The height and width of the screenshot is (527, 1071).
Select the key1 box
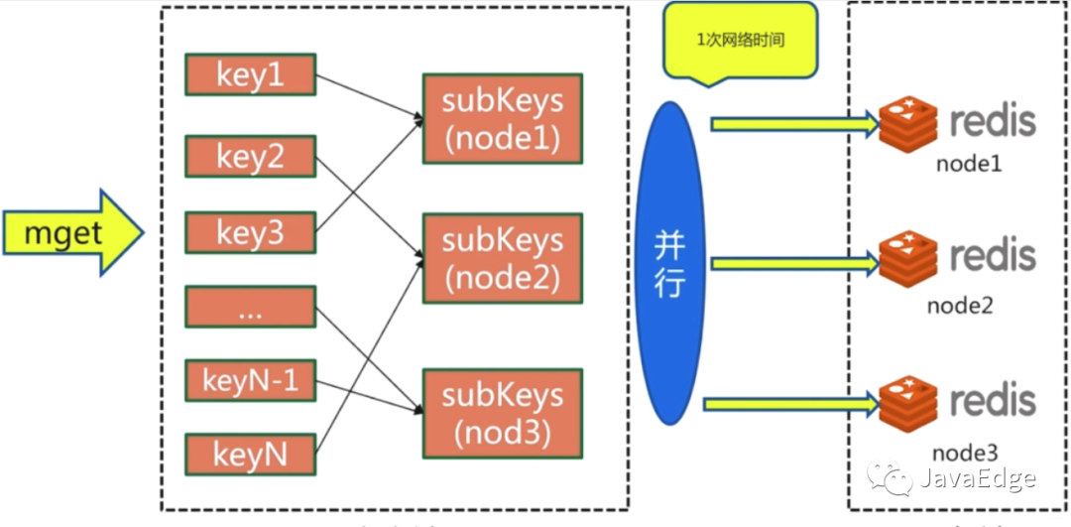click(250, 75)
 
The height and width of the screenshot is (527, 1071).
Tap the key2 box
click(250, 155)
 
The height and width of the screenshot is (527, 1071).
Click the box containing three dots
click(250, 307)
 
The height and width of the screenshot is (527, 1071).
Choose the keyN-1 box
click(250, 381)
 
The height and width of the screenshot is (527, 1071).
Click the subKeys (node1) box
click(502, 118)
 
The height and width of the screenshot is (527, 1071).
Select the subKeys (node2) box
click(502, 257)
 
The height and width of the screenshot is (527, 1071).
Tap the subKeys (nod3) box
click(502, 413)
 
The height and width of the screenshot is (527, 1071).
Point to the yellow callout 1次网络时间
click(741, 42)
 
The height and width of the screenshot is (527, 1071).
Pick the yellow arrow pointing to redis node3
click(789, 404)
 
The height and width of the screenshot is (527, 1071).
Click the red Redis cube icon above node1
click(907, 123)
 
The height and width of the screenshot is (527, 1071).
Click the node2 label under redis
click(959, 306)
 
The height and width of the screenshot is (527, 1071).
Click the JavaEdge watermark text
click(978, 479)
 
